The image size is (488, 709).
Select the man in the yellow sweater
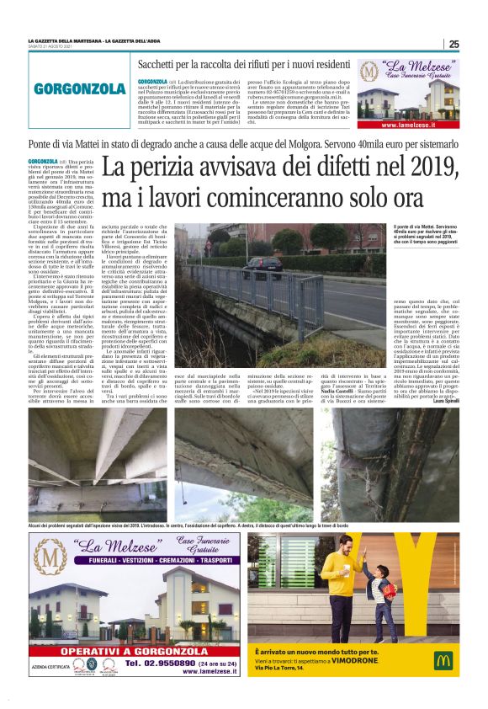click(x=341, y=589)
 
